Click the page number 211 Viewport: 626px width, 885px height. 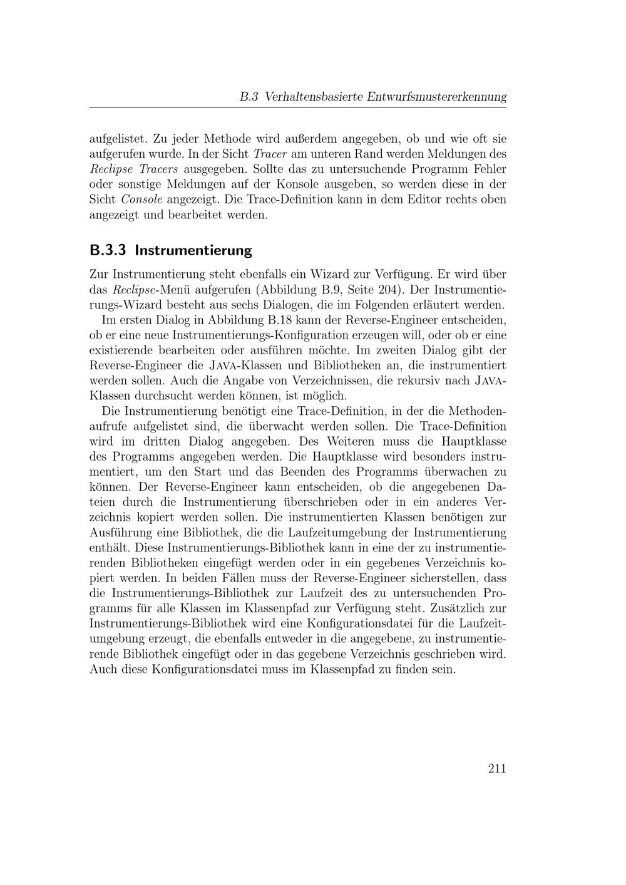[496, 769]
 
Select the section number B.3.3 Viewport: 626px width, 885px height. [108, 251]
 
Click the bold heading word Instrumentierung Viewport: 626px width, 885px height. [193, 251]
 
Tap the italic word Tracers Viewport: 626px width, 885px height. [156, 169]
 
